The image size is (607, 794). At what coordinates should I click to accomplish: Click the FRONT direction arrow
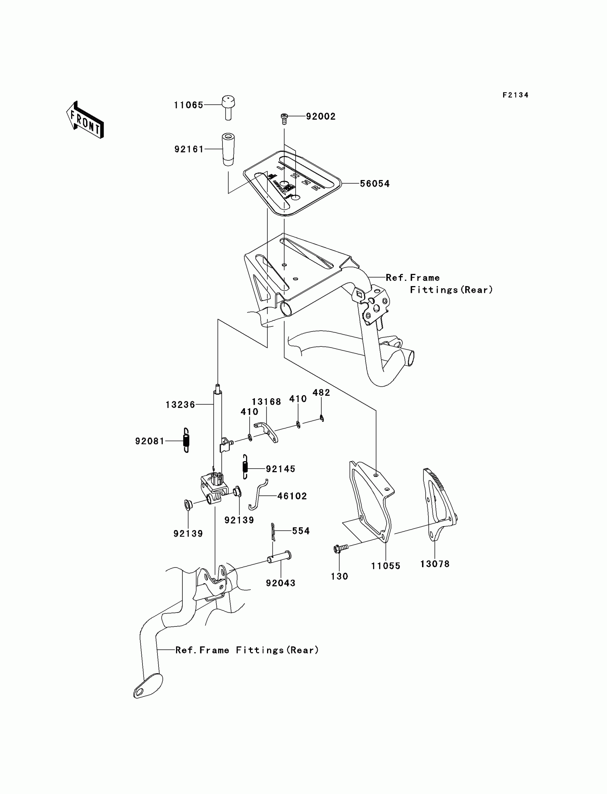pyautogui.click(x=85, y=120)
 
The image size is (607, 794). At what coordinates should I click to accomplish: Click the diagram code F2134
pyautogui.click(x=515, y=95)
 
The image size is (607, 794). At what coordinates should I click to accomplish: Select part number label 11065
pyautogui.click(x=188, y=105)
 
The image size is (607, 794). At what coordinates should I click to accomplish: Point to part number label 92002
pyautogui.click(x=321, y=116)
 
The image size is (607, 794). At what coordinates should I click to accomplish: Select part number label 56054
pyautogui.click(x=375, y=184)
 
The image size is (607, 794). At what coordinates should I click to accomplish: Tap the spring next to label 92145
pyautogui.click(x=245, y=467)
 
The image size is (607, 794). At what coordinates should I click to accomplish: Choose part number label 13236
pyautogui.click(x=180, y=405)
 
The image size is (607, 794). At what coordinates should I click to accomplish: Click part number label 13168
pyautogui.click(x=266, y=402)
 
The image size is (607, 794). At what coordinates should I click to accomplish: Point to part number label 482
pyautogui.click(x=321, y=393)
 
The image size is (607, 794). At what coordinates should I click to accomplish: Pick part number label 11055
pyautogui.click(x=386, y=566)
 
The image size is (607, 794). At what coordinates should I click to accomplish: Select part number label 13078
pyautogui.click(x=435, y=564)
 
